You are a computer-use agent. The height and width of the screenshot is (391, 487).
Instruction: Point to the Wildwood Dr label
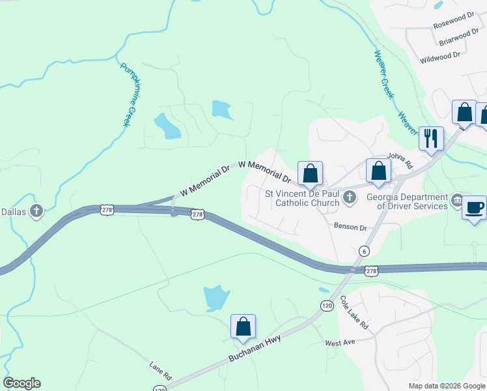tap(441, 58)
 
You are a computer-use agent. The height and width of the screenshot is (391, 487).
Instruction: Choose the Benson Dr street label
tap(351, 227)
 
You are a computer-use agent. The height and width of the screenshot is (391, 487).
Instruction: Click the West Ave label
tap(339, 343)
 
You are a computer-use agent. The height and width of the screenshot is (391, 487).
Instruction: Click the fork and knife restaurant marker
tap(430, 138)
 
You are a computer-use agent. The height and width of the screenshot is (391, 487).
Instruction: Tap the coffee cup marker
tap(474, 208)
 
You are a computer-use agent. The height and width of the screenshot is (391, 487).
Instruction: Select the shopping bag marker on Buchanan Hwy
tap(243, 326)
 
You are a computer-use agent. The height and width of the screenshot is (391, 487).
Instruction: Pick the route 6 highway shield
tap(364, 251)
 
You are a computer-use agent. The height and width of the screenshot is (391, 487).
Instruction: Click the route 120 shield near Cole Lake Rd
tap(326, 305)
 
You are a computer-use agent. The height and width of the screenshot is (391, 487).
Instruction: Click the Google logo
tap(21, 383)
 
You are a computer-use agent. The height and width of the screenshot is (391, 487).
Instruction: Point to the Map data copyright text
tap(446, 386)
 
